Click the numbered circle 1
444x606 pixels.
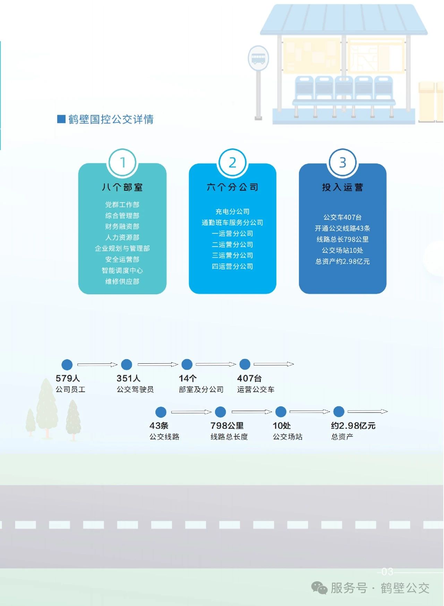coord(122,163)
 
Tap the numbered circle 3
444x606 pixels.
coord(342,163)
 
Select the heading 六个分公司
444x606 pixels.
coord(232,187)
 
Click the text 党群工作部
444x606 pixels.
coord(122,205)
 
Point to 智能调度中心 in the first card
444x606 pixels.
coord(122,270)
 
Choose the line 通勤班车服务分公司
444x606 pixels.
coord(232,223)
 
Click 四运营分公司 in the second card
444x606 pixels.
coord(232,266)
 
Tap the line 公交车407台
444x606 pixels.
coord(342,217)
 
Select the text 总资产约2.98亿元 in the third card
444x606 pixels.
coord(342,261)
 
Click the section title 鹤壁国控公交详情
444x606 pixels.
coord(111,119)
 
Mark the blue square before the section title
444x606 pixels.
coord(61,119)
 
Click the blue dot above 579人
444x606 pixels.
coord(67,365)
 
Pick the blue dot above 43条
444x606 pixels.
coord(161,412)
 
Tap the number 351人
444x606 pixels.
coord(128,378)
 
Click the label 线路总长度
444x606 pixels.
coord(229,437)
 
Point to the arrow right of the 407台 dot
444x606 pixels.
coord(274,364)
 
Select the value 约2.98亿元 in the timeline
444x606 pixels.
coord(353,426)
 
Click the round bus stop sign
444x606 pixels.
coord(258,58)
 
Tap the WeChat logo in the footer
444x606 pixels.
coord(319,588)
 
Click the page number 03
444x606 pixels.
coord(387,571)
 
